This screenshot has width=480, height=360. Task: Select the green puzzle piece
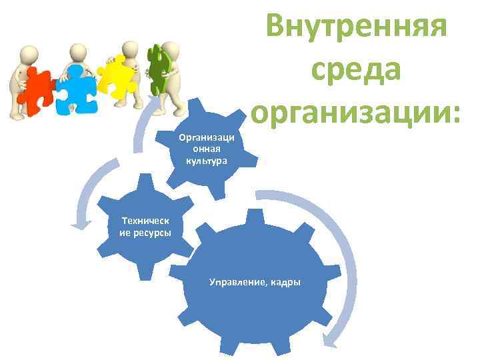[157, 69]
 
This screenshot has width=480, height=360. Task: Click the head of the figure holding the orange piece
[29, 54]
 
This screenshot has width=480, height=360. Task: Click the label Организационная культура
[207, 149]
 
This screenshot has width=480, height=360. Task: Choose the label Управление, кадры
[255, 282]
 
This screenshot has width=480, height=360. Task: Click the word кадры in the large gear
[285, 282]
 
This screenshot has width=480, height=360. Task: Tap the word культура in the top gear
[207, 161]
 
